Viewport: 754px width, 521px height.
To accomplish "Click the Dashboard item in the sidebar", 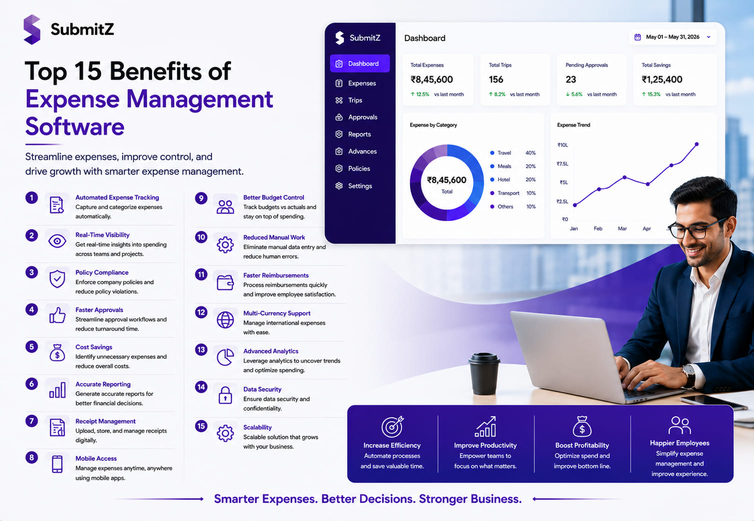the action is point(359,63).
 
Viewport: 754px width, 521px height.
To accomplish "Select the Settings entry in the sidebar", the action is point(353,186).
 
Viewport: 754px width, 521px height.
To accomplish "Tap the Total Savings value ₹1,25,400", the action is point(662,79).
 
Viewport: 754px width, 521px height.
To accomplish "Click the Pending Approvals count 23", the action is point(570,79).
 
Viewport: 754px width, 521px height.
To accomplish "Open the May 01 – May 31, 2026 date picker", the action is point(672,37).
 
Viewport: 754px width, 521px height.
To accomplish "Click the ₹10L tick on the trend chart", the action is point(562,145).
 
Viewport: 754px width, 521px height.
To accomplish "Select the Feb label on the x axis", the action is point(598,228).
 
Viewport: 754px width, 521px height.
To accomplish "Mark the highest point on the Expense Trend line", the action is point(697,144).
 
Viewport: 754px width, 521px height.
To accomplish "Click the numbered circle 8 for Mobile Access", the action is point(31,458).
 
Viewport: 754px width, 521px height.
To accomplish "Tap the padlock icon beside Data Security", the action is point(225,395).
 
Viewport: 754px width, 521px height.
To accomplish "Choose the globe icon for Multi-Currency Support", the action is point(225,320).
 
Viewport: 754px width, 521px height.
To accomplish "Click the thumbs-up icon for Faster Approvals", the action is point(57,315).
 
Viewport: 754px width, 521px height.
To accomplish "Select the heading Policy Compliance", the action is point(101,272).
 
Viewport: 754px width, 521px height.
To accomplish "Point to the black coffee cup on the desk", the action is point(484,373).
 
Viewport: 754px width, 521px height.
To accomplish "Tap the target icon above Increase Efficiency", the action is point(392,426).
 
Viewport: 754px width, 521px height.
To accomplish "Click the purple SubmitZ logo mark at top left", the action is point(32,29).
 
